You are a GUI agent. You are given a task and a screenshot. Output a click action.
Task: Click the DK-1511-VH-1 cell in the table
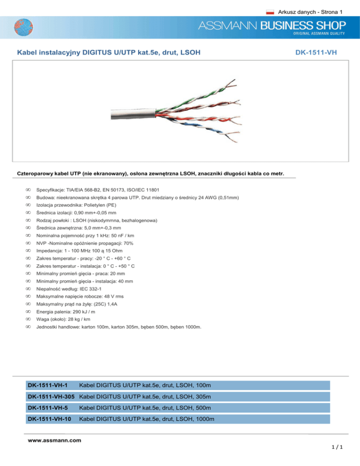tap(47, 385)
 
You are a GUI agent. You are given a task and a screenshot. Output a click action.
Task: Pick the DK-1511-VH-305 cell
tap(51, 396)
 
